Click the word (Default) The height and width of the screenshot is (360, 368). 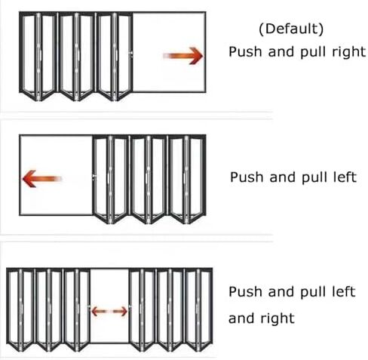(291, 29)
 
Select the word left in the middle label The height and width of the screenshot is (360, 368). (345, 177)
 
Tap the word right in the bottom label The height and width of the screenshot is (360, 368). (278, 318)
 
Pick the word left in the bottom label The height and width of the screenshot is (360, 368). (344, 291)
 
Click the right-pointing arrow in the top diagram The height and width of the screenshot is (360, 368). (183, 56)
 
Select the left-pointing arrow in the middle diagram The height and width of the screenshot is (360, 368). (42, 179)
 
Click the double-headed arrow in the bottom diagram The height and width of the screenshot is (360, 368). (109, 312)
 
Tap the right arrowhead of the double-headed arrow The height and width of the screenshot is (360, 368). (123, 312)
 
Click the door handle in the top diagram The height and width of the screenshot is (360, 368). (131, 54)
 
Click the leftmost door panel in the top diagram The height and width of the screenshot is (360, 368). (29, 54)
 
